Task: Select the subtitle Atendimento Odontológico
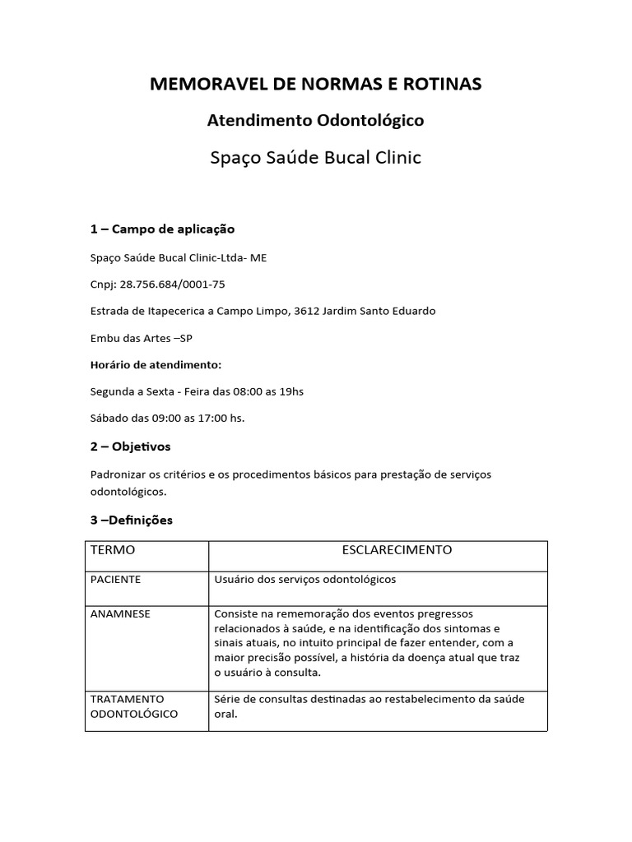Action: click(315, 121)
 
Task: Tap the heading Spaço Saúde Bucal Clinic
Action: click(315, 157)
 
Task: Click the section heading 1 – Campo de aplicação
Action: click(162, 229)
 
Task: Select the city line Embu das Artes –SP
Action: click(141, 338)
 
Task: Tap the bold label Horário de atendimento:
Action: click(156, 364)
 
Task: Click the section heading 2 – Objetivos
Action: click(130, 446)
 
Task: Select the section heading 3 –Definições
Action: click(132, 520)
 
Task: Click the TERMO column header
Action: click(113, 550)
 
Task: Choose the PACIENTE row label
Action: click(115, 580)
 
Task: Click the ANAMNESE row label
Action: click(120, 614)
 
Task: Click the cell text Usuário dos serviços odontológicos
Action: click(304, 580)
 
